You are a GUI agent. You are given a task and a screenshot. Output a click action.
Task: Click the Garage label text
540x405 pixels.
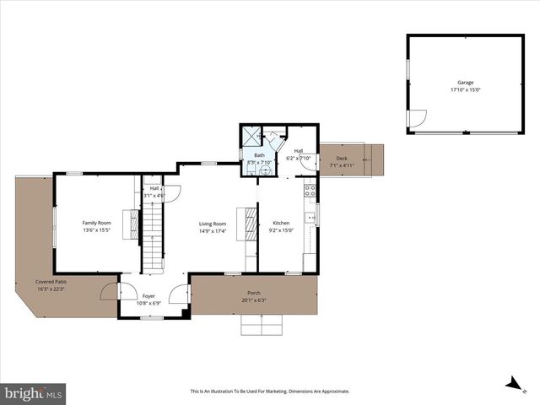tap(465, 83)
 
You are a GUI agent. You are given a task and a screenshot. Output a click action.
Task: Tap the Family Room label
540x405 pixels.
tap(97, 223)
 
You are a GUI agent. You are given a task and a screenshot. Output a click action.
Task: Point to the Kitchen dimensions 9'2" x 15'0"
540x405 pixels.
tap(281, 229)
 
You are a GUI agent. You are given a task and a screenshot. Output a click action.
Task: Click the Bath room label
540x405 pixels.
tap(260, 155)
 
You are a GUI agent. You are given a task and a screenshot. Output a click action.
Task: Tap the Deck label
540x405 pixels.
tap(342, 159)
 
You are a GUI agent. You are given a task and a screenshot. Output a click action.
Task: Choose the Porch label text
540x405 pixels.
tap(254, 293)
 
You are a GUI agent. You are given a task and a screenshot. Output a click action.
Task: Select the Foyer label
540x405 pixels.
tap(148, 296)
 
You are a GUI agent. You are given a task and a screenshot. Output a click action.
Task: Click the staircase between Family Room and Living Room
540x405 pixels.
tap(151, 236)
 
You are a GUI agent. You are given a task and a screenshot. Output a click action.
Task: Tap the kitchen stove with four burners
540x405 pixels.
tap(310, 190)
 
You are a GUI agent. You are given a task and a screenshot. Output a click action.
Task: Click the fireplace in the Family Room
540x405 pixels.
tap(129, 225)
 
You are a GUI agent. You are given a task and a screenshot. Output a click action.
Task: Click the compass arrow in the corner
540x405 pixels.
tap(511, 384)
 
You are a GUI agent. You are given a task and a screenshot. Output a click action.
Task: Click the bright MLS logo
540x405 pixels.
tap(34, 392)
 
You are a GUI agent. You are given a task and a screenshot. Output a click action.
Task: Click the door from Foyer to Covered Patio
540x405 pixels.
tap(110, 292)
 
